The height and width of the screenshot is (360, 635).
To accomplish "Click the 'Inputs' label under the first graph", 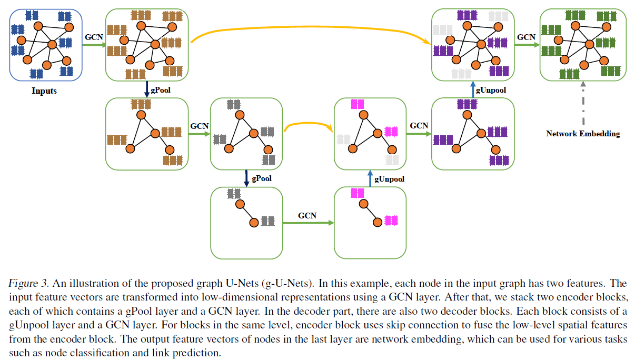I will [44, 91].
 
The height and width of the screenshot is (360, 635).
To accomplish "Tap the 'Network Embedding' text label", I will [583, 134].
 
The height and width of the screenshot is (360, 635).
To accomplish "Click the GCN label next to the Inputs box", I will [94, 37].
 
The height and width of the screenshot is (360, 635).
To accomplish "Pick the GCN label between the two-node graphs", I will [307, 216].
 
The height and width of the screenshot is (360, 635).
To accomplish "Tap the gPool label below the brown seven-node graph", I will [161, 90].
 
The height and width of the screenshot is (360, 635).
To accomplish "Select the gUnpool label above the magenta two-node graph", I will [389, 179].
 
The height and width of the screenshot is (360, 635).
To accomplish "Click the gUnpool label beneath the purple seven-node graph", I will [491, 90].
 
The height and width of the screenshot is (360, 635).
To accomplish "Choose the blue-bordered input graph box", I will [45, 45].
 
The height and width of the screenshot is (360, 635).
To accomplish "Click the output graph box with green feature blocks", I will [583, 45].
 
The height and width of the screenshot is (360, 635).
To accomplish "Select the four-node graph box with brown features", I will [147, 134].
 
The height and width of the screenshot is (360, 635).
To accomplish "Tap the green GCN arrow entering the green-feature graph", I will [527, 45].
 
